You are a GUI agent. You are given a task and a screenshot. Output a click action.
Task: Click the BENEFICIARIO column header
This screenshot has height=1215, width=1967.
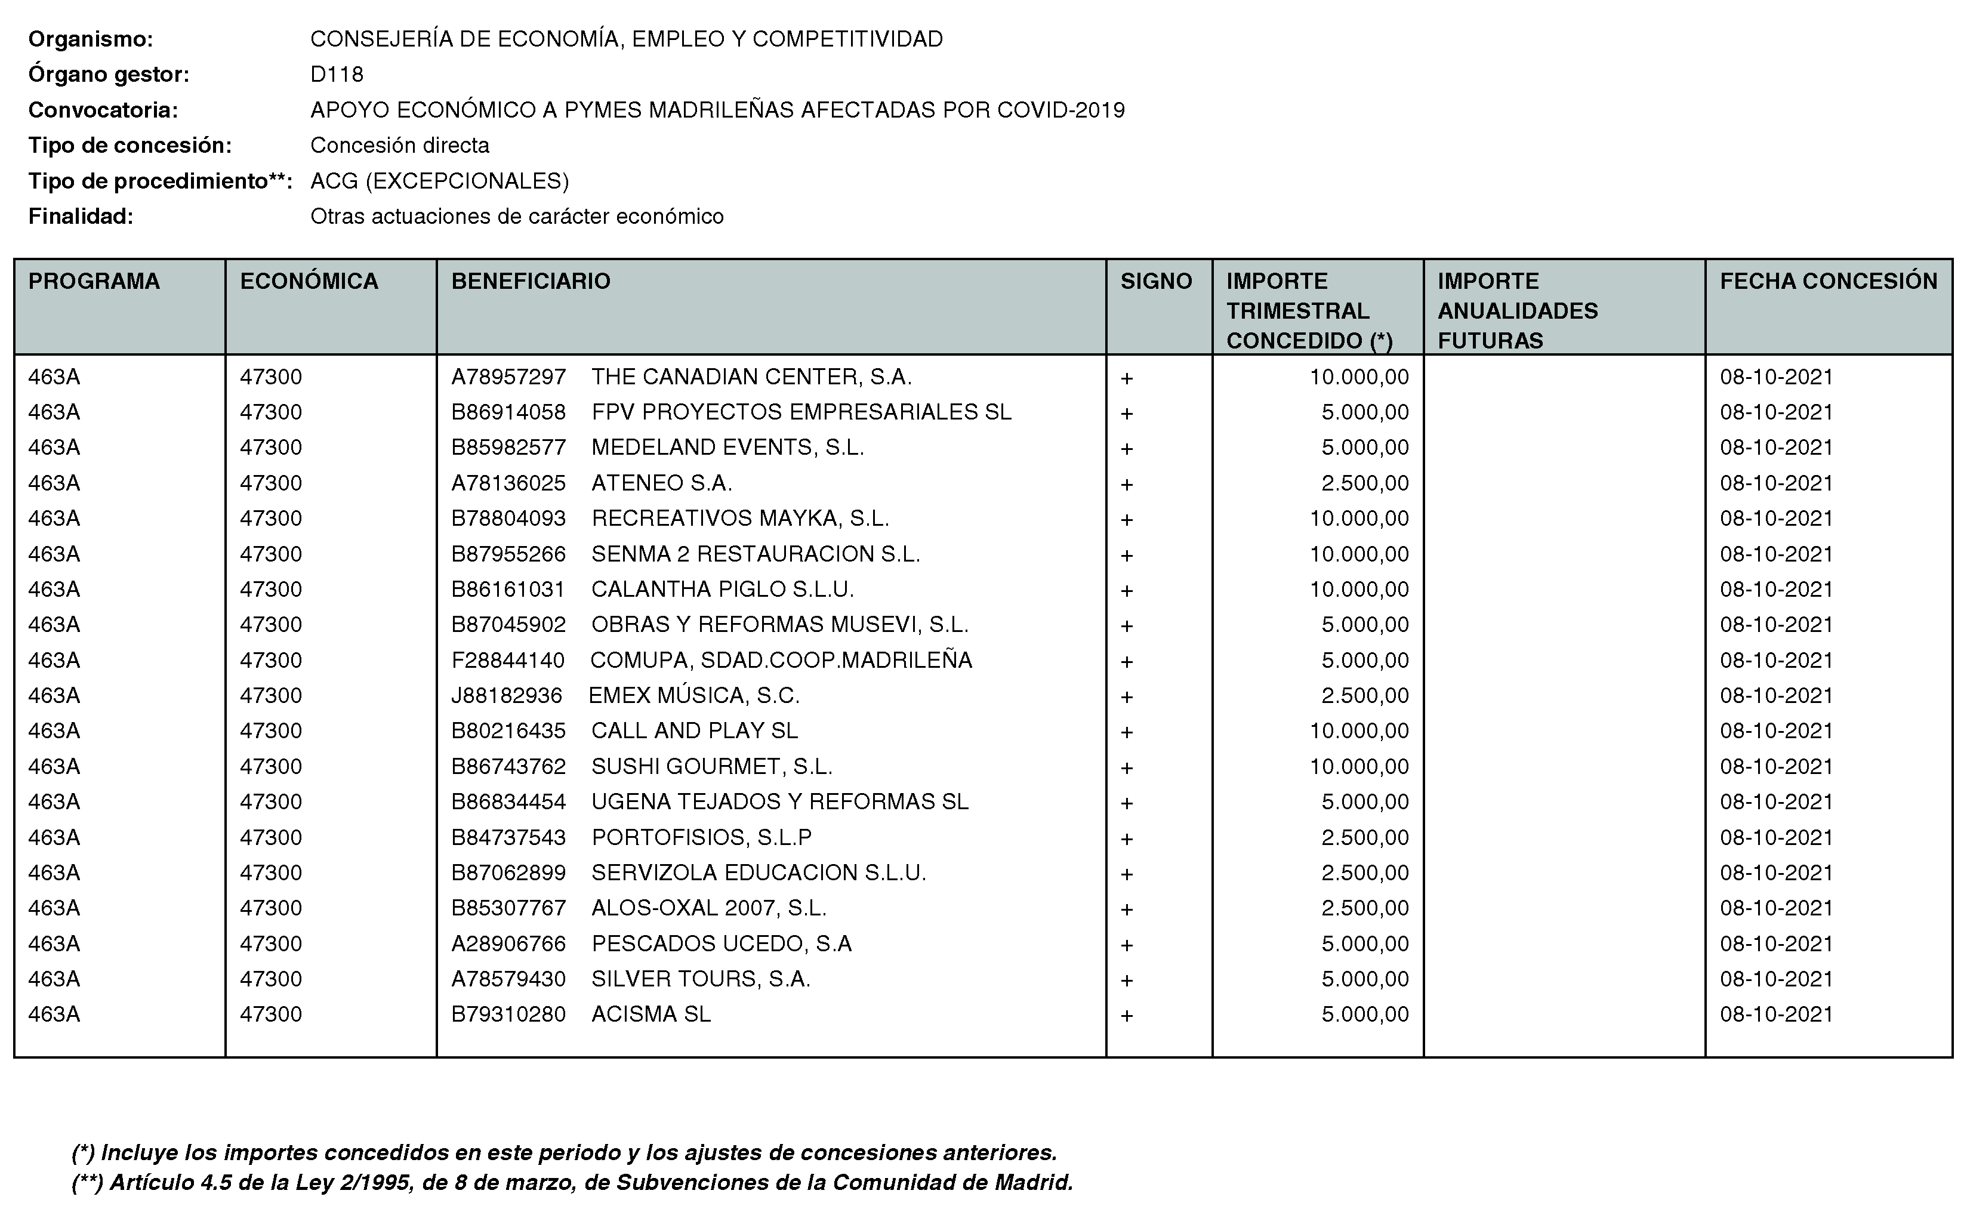pos(531,281)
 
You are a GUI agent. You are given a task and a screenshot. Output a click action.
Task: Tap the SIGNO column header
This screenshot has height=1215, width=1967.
pos(1155,281)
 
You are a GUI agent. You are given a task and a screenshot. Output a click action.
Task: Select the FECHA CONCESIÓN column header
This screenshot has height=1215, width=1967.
pos(1828,281)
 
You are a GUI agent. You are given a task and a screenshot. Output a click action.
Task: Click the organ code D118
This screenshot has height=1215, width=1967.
pos(337,75)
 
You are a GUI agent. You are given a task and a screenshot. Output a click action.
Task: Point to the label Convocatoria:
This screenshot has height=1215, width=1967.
pos(103,110)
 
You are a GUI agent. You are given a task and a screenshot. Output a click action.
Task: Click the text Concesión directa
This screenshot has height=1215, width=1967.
pos(399,146)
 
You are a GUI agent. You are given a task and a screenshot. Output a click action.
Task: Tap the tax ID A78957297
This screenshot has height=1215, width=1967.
pos(508,377)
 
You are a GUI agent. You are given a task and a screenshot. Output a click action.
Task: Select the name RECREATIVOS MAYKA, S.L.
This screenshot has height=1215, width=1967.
pos(740,519)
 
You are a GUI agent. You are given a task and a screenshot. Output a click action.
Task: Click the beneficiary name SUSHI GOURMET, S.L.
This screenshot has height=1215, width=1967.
pos(711,767)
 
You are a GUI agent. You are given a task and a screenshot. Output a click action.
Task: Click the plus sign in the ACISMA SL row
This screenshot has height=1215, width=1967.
pos(1127,1016)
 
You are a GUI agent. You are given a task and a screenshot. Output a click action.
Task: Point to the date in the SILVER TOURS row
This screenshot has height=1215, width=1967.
pos(1776,979)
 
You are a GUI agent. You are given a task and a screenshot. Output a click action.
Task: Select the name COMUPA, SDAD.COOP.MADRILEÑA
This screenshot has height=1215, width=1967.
pos(781,661)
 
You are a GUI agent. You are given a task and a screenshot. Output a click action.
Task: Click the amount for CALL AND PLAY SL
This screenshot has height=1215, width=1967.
pos(1359,731)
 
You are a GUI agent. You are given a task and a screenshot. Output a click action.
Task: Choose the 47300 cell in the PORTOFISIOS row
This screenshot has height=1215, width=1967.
pos(271,837)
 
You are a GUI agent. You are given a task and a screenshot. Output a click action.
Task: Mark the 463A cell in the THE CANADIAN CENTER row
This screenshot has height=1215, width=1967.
pos(54,377)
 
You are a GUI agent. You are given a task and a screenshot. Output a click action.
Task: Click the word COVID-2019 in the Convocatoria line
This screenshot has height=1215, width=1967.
pos(1060,110)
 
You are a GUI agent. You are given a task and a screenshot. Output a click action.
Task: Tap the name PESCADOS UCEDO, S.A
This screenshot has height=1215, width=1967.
pos(721,943)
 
